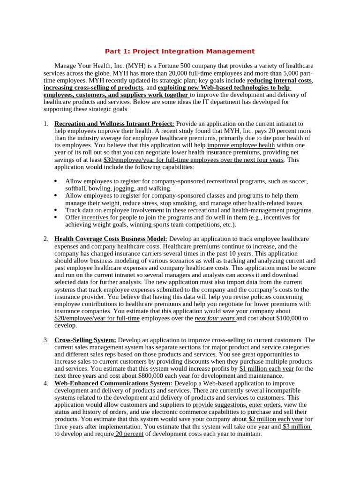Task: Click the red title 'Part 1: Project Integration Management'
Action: coord(180,52)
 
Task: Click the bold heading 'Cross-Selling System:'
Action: coord(85,340)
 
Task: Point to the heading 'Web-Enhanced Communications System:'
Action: coord(113,383)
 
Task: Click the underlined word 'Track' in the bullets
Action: coord(73,210)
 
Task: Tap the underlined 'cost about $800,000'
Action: coord(136,376)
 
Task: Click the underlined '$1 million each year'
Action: coord(267,369)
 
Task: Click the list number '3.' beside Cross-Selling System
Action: coord(46,340)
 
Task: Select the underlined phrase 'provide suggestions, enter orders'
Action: coord(237,405)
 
